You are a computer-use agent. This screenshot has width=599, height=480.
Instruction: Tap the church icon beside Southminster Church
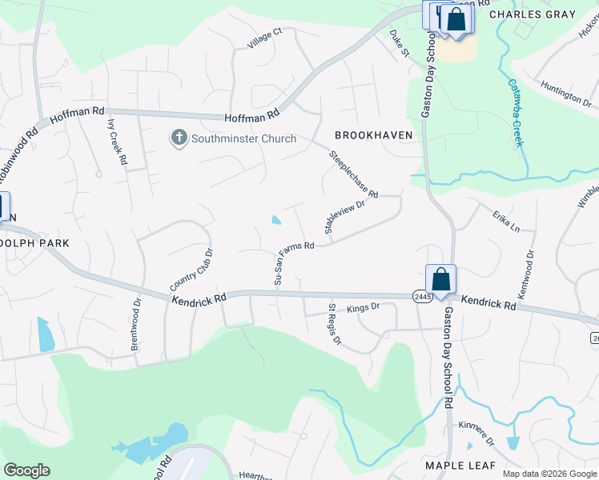pyautogui.click(x=179, y=138)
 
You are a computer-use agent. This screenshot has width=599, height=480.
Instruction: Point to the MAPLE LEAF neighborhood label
pyautogui.click(x=460, y=465)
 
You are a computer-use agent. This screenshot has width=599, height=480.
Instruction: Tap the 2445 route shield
pyautogui.click(x=423, y=296)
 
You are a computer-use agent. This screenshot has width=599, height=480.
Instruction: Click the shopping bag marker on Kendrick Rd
pyautogui.click(x=440, y=279)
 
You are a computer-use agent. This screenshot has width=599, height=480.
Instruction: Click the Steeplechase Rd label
pyautogui.click(x=353, y=172)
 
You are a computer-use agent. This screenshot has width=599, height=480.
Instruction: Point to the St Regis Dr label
pyautogui.click(x=335, y=323)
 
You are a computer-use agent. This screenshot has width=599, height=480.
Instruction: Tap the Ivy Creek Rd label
pyautogui.click(x=117, y=142)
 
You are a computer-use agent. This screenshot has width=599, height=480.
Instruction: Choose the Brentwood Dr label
pyautogui.click(x=135, y=326)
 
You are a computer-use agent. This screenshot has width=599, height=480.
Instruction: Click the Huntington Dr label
pyautogui.click(x=565, y=94)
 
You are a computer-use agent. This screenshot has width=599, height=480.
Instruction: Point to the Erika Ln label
pyautogui.click(x=506, y=222)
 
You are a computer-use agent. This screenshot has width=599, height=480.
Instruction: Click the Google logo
pyautogui.click(x=26, y=470)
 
